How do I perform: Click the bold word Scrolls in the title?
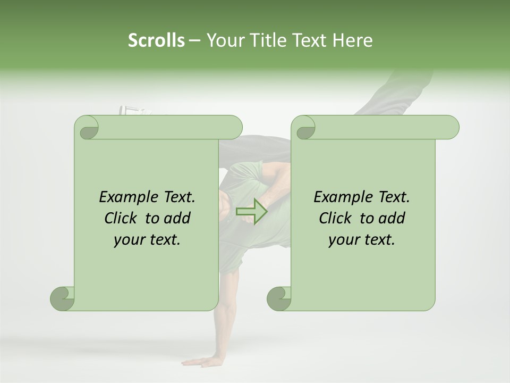(x=156, y=40)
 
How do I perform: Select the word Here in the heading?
(x=352, y=40)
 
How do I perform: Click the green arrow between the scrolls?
(x=251, y=211)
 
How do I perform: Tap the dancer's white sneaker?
(x=133, y=111)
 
